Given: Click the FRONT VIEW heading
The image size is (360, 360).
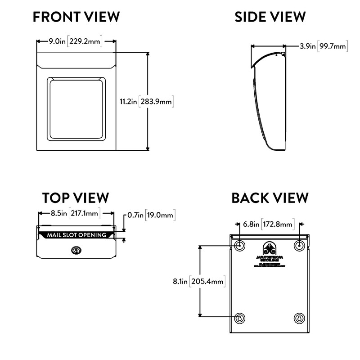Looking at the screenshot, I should coord(76,17).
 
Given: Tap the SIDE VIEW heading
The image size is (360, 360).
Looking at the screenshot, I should coord(270,17).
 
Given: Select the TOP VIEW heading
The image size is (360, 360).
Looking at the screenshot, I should coord(76,198).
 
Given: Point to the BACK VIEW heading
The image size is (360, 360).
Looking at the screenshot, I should coord(270,198).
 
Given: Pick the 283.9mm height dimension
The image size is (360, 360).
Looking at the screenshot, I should coord(156,102).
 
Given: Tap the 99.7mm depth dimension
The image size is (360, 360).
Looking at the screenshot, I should coord(333,45).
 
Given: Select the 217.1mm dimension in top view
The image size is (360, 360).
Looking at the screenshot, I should coord(85,214).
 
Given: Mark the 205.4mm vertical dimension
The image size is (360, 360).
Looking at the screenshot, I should coord(207,282).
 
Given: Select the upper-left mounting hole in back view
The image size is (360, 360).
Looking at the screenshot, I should coord(239,245).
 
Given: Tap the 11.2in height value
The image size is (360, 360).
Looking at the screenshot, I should coord(128,102).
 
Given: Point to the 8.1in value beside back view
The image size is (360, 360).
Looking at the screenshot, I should coord(180,282).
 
